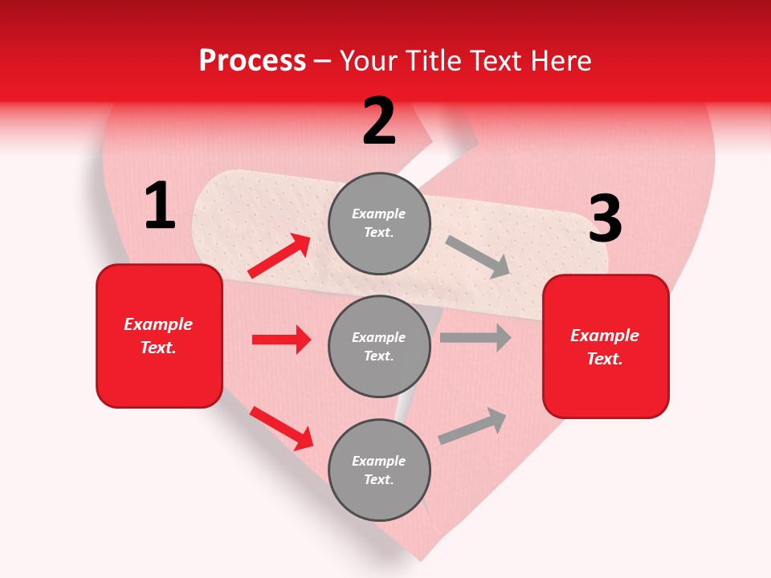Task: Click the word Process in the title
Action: (252, 61)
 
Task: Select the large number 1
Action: (160, 207)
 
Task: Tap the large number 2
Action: (379, 121)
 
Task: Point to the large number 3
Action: (605, 219)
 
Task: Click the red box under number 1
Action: (159, 336)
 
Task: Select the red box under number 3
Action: (606, 347)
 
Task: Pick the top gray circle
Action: (379, 223)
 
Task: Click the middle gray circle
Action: (379, 346)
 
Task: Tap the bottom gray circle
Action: (379, 470)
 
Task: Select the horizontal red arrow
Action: (281, 340)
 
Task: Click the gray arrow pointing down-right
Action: (477, 257)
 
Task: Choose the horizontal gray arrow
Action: (475, 338)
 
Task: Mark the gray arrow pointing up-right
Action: (473, 425)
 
